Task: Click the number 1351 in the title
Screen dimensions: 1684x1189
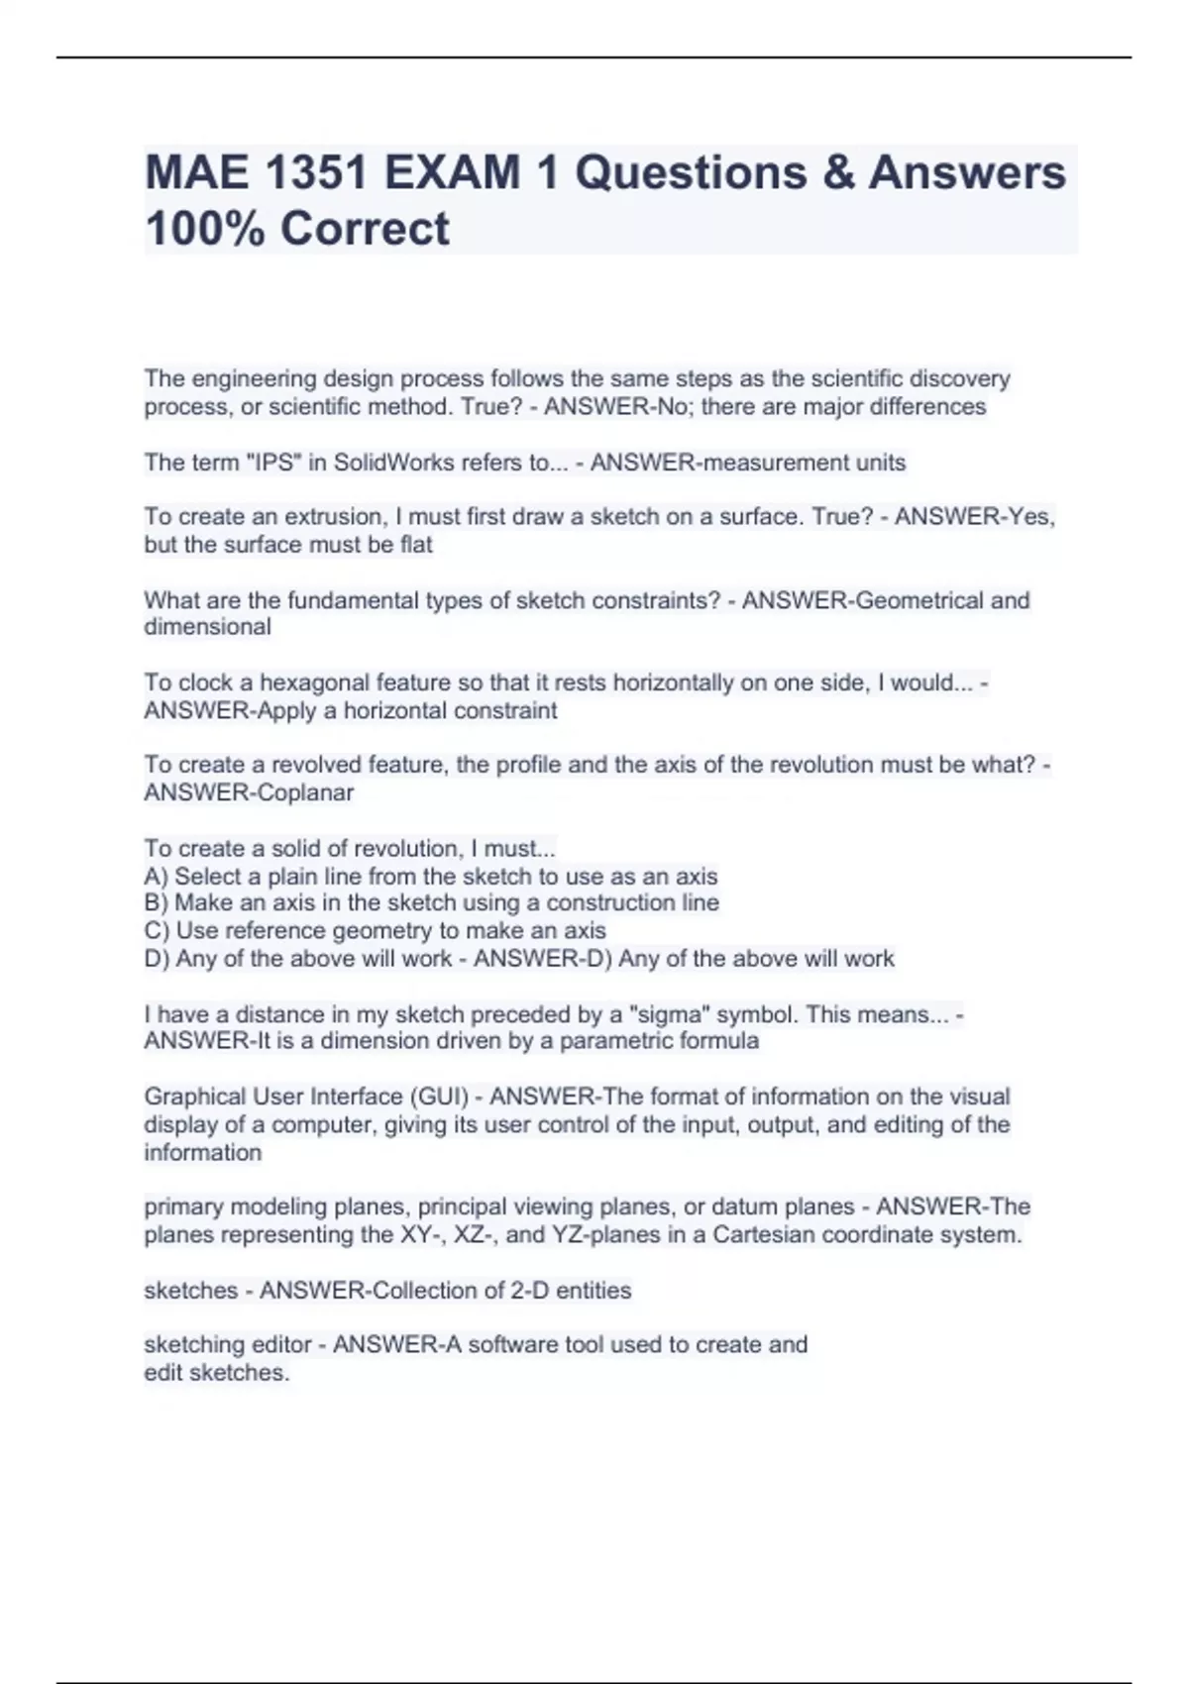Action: tap(315, 172)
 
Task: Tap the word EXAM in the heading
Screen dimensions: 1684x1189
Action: tap(452, 172)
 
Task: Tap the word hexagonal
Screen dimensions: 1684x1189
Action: tap(303, 683)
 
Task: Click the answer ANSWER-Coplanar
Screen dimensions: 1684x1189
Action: tap(249, 792)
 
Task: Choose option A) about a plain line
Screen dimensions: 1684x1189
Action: tap(431, 877)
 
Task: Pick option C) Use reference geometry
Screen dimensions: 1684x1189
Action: tap(375, 931)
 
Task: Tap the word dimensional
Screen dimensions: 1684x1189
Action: tap(207, 627)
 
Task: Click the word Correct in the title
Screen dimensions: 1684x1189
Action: tap(365, 228)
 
